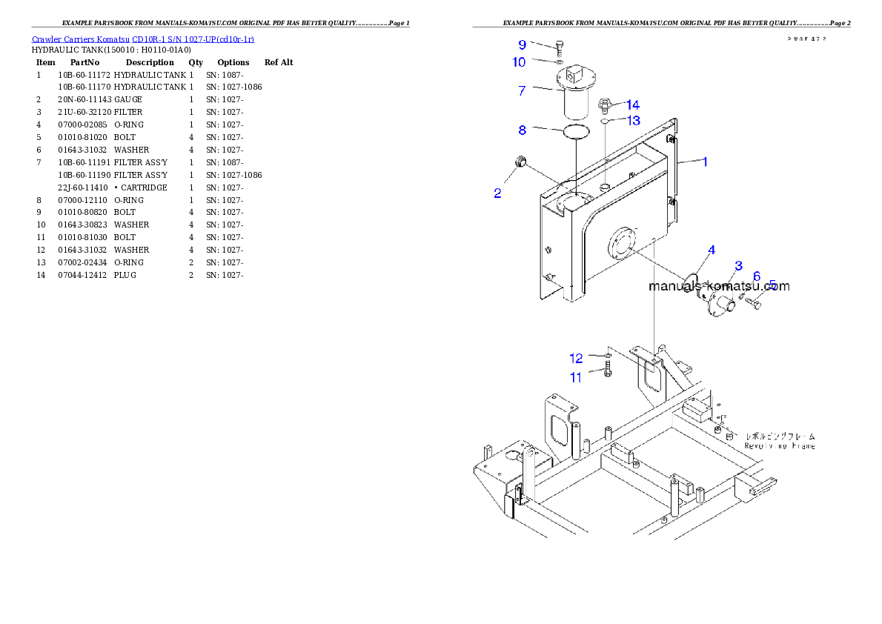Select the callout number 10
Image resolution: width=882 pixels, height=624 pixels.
pos(519,62)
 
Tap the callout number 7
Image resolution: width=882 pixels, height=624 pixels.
pos(522,90)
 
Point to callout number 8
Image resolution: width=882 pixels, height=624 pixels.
pos(522,130)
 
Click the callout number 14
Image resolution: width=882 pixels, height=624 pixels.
pos(632,105)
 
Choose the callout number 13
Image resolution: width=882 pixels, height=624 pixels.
pos(633,120)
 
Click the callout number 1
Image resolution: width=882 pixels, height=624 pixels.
pos(705,161)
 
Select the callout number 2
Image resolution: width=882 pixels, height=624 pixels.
pos(497,193)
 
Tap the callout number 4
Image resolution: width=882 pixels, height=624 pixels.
pos(711,250)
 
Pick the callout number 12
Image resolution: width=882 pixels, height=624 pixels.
pos(576,359)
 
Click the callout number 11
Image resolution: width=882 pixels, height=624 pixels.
pos(576,377)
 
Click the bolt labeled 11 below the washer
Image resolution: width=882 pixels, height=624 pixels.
pos(607,371)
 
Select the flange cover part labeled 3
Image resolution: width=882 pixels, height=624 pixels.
pos(717,300)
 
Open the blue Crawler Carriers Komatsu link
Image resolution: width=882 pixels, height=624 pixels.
pos(142,39)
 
